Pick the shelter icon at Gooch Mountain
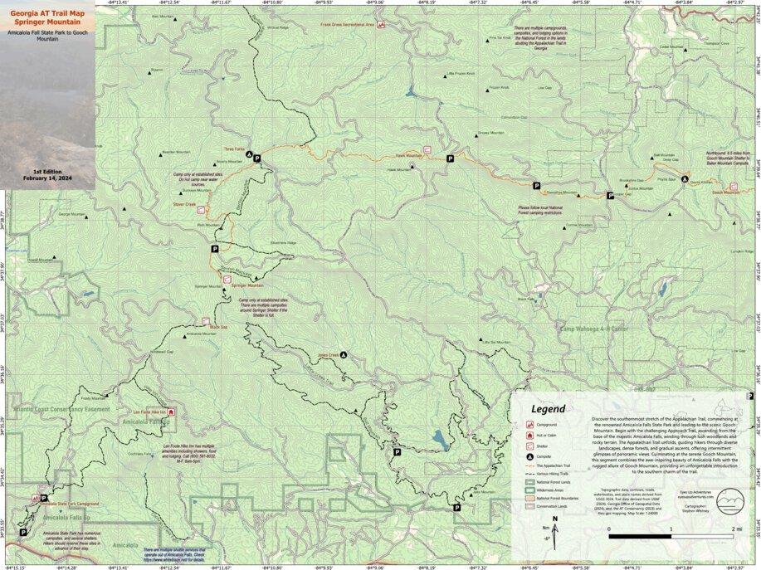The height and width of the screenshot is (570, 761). point(733,186)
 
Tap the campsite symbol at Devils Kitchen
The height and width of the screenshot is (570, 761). point(685,179)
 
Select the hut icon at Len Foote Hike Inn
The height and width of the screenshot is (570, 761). point(173,412)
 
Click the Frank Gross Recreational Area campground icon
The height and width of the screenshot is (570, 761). point(382,26)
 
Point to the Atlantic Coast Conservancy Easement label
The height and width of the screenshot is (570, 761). point(61,409)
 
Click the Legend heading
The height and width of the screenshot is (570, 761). point(549,409)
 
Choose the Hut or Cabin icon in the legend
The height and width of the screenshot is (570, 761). point(529,434)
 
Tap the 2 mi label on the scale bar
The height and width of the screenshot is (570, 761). point(733,528)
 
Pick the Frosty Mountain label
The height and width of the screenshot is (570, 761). point(90,398)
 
